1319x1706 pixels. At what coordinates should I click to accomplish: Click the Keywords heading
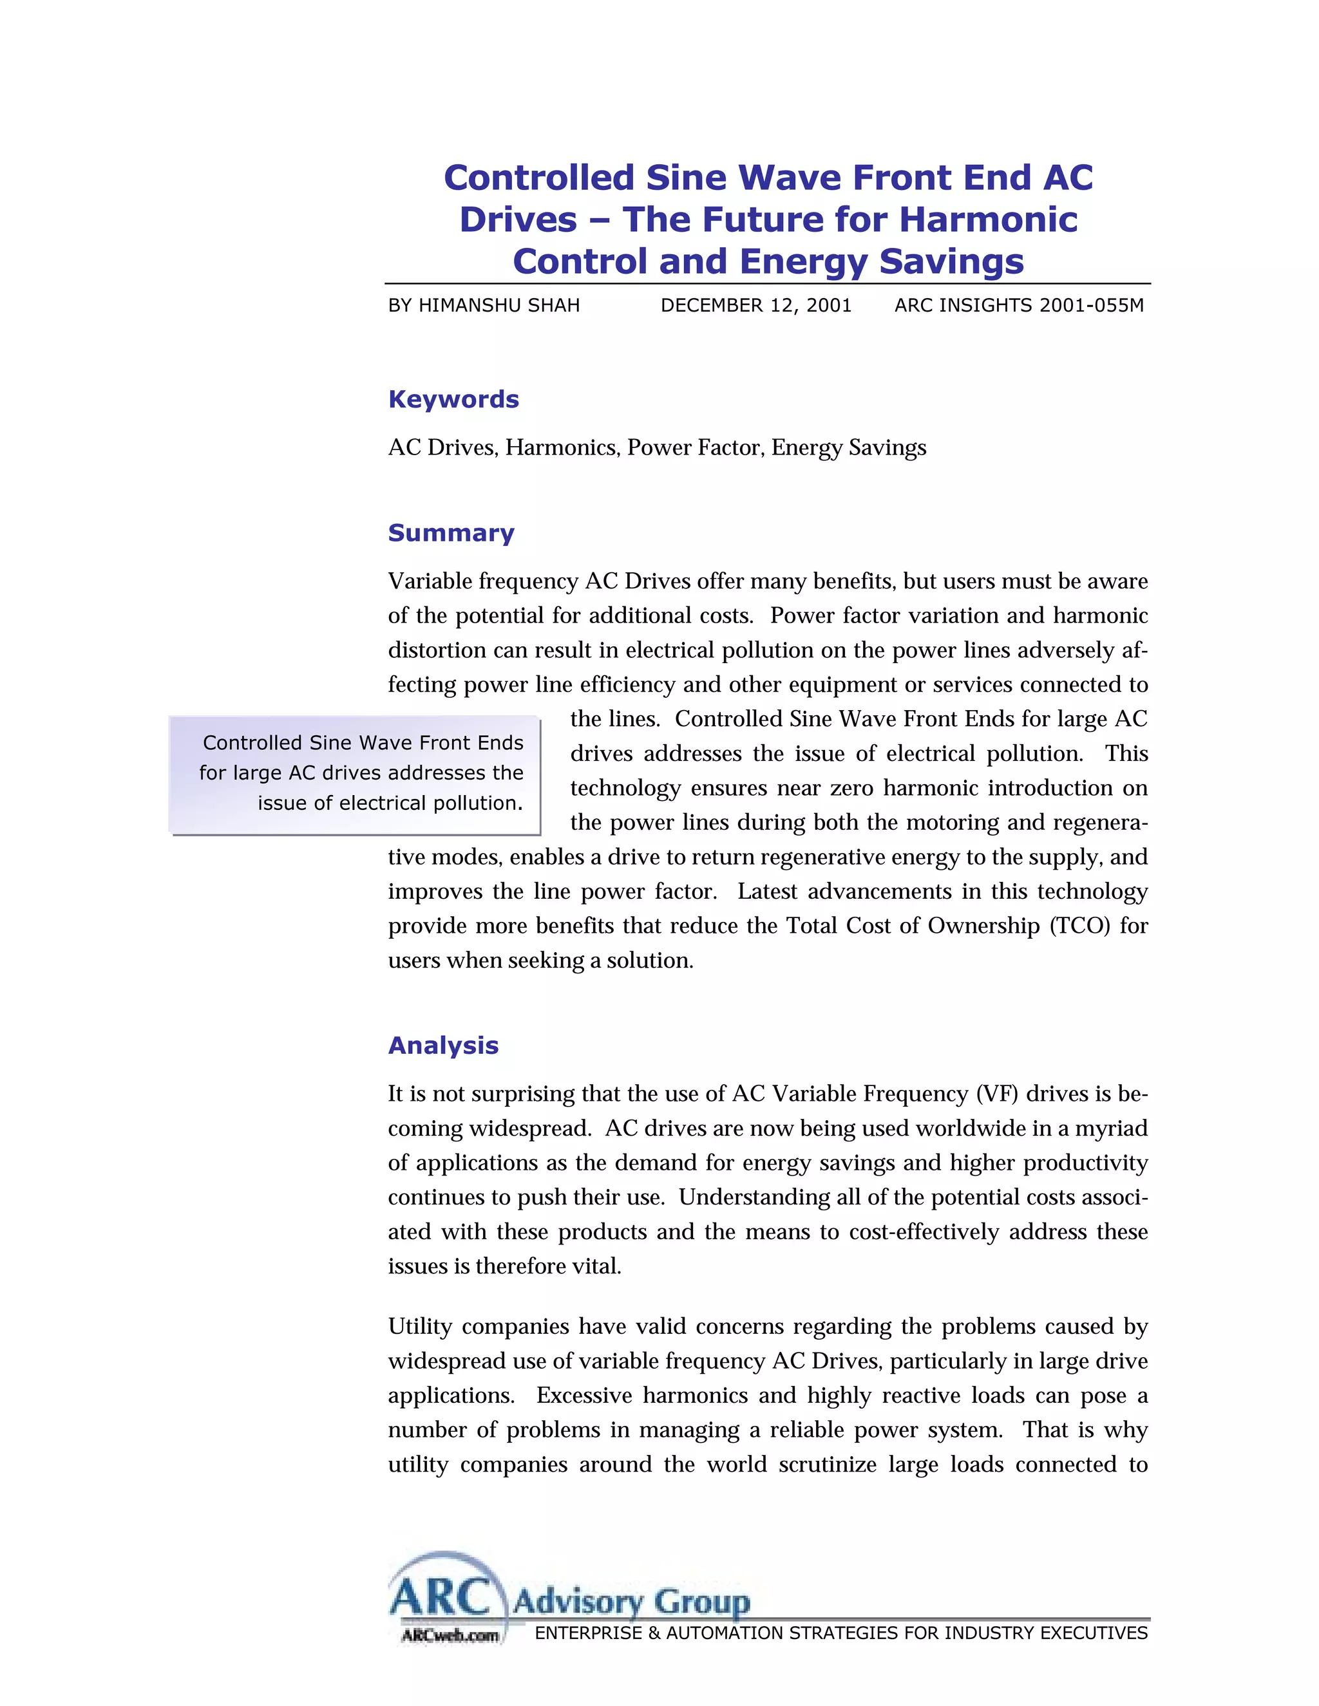(453, 399)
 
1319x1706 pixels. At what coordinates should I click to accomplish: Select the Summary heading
(451, 533)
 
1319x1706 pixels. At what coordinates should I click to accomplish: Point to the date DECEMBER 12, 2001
(755, 305)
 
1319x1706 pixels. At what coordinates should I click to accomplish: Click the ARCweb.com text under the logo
(450, 1635)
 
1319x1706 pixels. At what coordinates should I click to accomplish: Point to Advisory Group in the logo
(631, 1602)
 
